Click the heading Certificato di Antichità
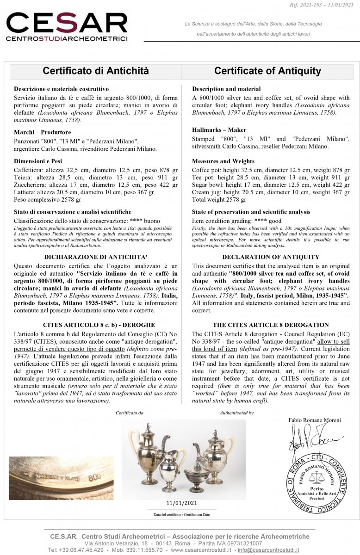click(x=96, y=71)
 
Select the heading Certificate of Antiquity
click(x=267, y=71)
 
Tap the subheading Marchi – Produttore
click(x=43, y=132)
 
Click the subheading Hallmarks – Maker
click(x=219, y=129)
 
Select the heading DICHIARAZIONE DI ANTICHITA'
click(x=96, y=257)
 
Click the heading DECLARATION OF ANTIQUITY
click(x=271, y=257)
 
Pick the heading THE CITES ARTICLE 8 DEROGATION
click(x=271, y=325)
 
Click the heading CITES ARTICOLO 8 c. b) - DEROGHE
click(x=96, y=325)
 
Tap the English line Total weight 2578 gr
click(x=219, y=200)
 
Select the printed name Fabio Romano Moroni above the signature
click(x=314, y=420)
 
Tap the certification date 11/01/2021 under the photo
click(x=181, y=503)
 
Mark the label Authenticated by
click(x=236, y=413)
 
